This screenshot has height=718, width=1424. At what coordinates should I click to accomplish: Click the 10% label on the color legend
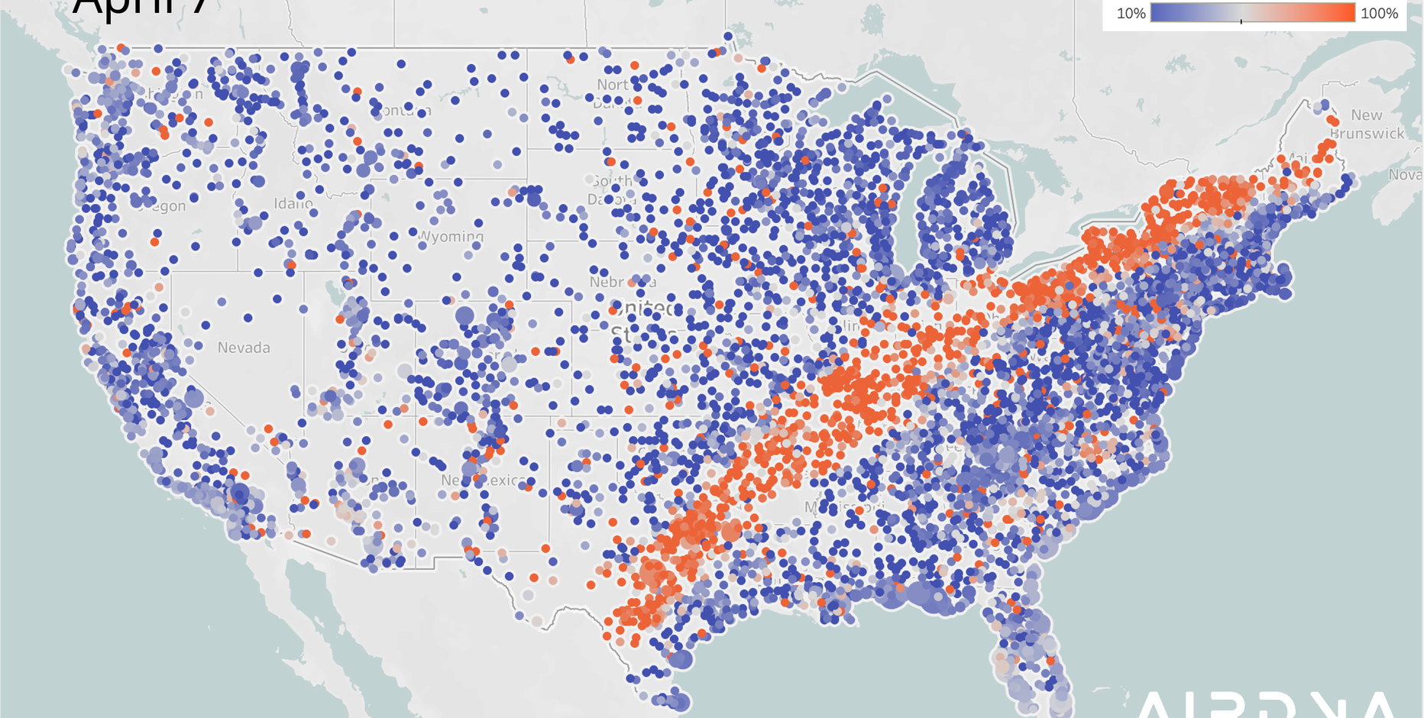(x=1131, y=14)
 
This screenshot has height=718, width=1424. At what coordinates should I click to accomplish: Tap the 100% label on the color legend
(x=1379, y=14)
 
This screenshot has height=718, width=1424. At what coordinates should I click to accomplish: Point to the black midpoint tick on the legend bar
(x=1241, y=21)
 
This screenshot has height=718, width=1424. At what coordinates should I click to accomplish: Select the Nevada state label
(x=244, y=348)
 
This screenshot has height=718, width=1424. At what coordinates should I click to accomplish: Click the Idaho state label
(x=293, y=204)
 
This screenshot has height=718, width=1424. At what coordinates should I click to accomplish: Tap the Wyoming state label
(x=451, y=236)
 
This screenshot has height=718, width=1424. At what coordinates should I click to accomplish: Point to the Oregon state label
(x=164, y=206)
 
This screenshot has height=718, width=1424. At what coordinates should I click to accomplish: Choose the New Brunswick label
(x=1367, y=124)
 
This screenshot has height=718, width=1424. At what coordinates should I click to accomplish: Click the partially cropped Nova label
(x=1405, y=175)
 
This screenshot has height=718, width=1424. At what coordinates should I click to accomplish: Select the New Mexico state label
(x=483, y=480)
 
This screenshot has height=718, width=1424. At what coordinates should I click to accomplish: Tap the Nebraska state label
(x=622, y=282)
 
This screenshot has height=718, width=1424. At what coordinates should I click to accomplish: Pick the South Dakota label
(x=613, y=189)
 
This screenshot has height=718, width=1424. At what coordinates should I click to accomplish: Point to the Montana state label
(x=403, y=111)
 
